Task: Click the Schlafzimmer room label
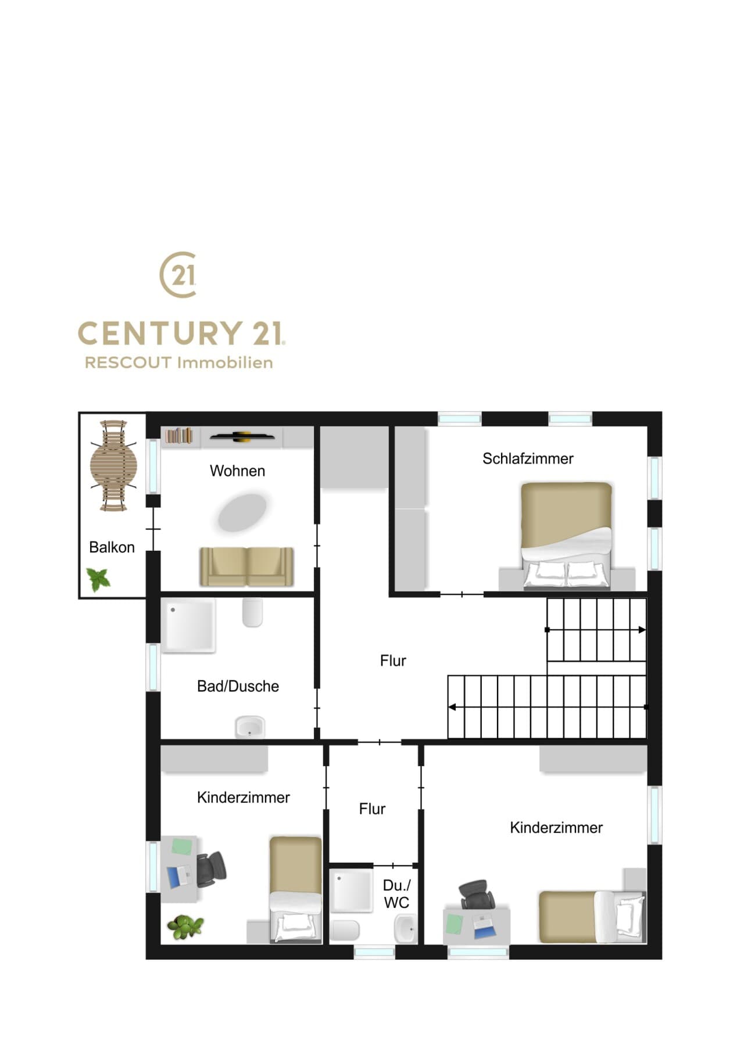(x=528, y=459)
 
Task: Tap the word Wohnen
(x=237, y=471)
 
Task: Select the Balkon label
(x=112, y=547)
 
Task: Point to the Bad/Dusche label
(x=238, y=686)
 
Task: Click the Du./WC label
(x=396, y=894)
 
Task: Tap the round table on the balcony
(x=113, y=465)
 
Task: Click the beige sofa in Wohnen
(x=246, y=566)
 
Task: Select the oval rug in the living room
(x=242, y=512)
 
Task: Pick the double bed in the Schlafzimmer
(x=567, y=536)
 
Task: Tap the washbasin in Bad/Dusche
(x=250, y=727)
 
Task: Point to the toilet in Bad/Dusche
(x=252, y=613)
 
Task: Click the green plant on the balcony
(x=98, y=580)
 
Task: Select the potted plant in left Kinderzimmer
(x=185, y=927)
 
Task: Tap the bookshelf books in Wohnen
(x=178, y=436)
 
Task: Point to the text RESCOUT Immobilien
(x=179, y=362)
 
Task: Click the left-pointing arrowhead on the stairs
(x=452, y=707)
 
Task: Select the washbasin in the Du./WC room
(x=405, y=928)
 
